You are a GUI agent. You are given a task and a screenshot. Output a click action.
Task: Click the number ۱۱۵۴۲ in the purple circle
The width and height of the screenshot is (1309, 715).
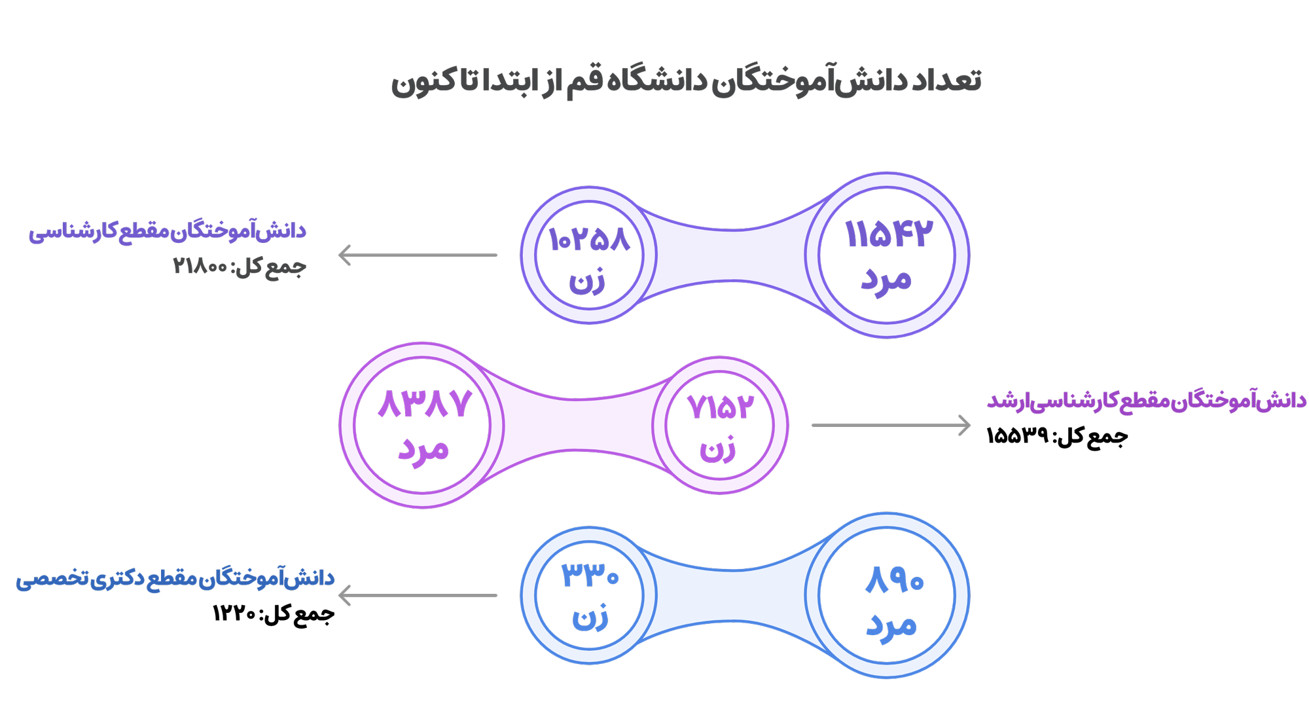[x=888, y=234]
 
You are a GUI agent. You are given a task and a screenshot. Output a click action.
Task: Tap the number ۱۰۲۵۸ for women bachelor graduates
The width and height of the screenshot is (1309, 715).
[x=589, y=240]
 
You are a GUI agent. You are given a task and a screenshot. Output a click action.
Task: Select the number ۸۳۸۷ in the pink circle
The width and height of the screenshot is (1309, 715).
[x=424, y=403]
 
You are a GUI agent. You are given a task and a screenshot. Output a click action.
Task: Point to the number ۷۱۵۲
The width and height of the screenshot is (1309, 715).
[x=720, y=407]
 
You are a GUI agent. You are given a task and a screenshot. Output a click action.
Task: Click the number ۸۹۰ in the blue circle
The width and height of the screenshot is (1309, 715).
[x=894, y=580]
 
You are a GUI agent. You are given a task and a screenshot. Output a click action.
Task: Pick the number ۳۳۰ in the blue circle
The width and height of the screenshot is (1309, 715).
[x=590, y=576]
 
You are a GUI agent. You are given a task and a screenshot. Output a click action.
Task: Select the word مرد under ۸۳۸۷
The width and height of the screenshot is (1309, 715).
[x=423, y=450]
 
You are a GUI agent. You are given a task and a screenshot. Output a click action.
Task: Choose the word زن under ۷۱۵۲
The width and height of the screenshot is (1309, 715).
[x=718, y=450]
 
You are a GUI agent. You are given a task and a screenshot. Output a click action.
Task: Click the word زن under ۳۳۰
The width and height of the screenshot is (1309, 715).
[x=590, y=617]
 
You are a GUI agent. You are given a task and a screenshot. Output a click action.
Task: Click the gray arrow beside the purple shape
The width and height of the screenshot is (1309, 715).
[x=417, y=255]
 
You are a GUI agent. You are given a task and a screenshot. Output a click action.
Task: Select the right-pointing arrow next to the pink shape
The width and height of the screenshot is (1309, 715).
[x=891, y=425]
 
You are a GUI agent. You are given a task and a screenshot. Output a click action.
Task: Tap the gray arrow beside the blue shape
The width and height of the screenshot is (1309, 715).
[x=417, y=595]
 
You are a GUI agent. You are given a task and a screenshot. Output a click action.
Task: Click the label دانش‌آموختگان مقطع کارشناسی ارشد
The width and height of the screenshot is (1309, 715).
[x=1146, y=400]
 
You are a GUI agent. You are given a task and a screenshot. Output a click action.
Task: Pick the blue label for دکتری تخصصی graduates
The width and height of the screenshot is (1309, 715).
[x=175, y=579]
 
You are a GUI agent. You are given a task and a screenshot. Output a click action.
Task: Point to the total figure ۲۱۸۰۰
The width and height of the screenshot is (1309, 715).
[x=200, y=266]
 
